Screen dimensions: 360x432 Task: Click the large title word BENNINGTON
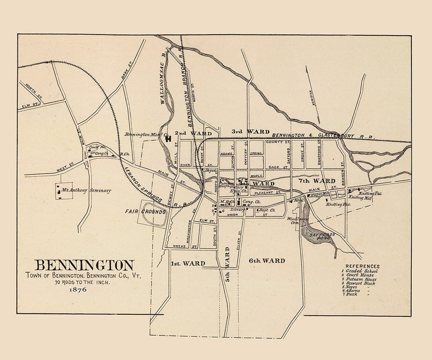84,265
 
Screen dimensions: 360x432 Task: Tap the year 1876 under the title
78,289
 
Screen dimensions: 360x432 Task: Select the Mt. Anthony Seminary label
86,190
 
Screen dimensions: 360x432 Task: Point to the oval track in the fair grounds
154,216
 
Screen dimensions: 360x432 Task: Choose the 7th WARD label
317,180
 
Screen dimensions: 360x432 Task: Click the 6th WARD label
267,260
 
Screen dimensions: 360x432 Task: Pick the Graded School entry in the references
361,271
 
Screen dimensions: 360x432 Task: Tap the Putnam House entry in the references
361,279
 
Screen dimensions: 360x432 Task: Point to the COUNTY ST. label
275,142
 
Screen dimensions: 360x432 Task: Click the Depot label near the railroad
211,170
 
